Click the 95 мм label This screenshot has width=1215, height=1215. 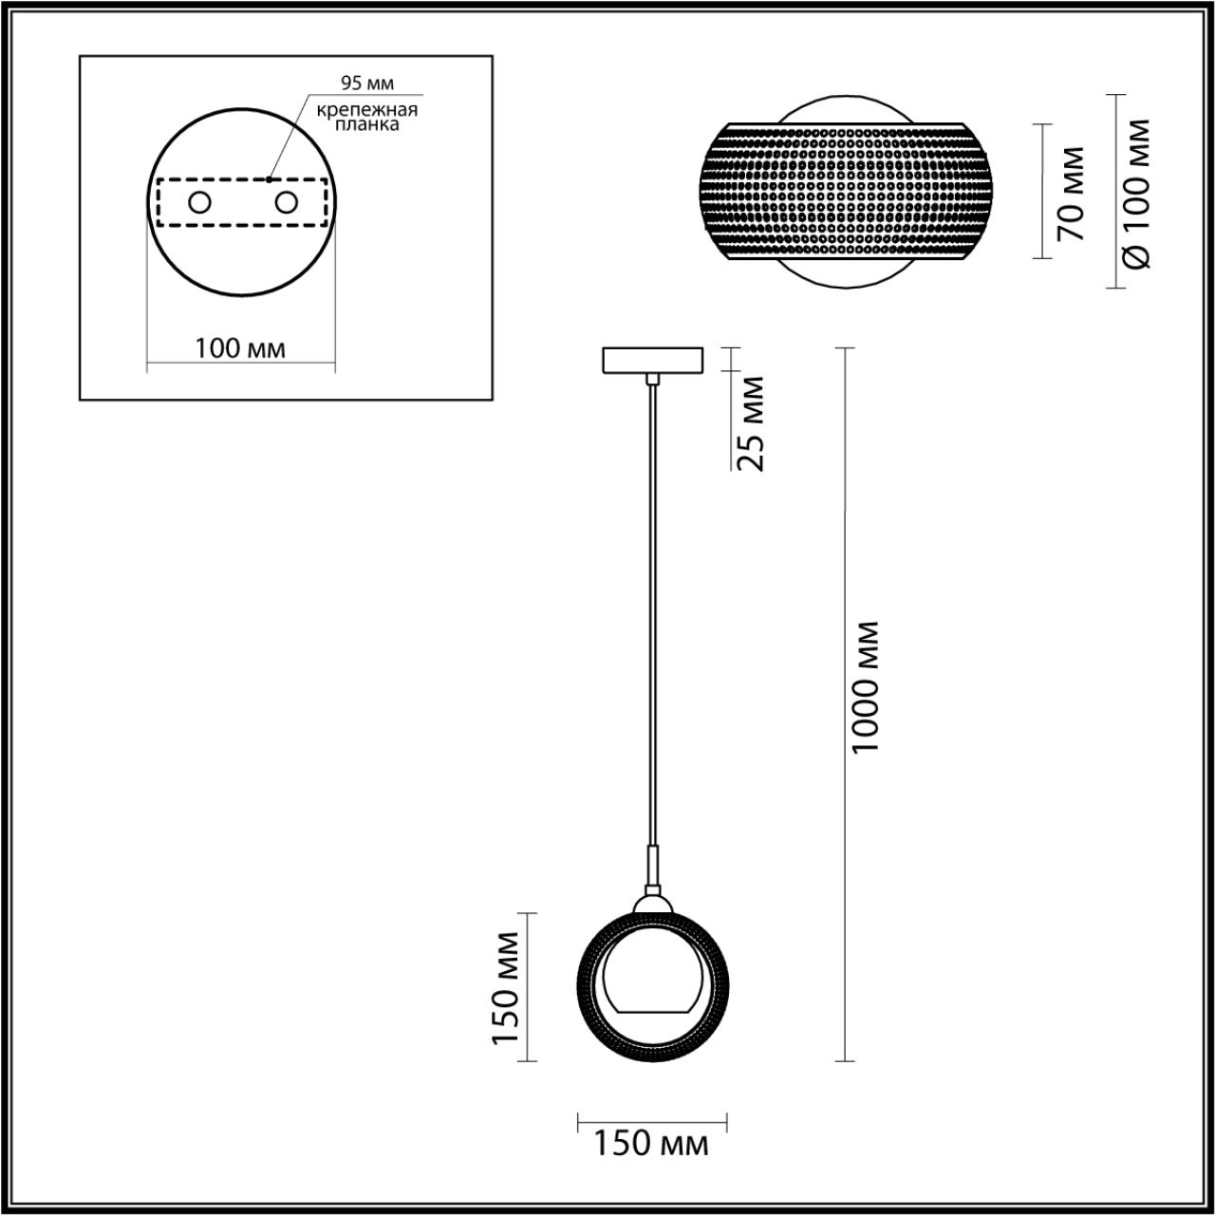[x=367, y=84]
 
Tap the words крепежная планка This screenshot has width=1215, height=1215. [x=367, y=118]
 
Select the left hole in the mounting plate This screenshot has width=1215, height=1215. [x=200, y=203]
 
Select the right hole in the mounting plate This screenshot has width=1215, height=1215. [x=287, y=203]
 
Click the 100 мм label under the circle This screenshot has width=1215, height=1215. [x=240, y=348]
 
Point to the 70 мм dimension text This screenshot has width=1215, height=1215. [x=1072, y=194]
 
